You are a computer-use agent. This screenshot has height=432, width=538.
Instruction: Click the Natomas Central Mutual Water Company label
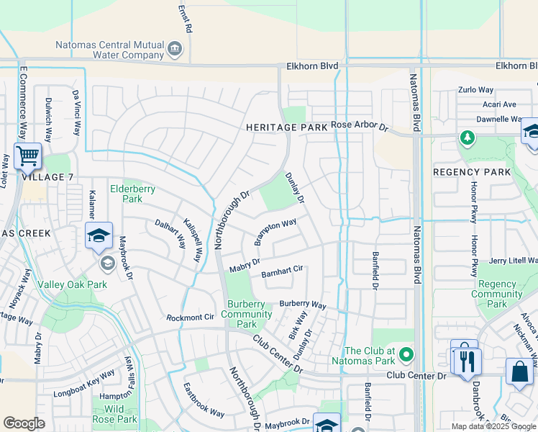[x=110, y=49]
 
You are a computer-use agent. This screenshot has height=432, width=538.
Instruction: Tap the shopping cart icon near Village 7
[x=27, y=155]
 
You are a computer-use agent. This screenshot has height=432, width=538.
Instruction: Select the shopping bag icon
[x=518, y=371]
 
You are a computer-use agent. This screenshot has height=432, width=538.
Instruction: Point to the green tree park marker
[x=468, y=137]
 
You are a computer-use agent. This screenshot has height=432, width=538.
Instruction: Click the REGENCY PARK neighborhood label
[x=472, y=172]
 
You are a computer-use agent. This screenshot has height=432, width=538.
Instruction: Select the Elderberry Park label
[x=132, y=194]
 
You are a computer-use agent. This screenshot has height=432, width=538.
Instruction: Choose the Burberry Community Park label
[x=247, y=314]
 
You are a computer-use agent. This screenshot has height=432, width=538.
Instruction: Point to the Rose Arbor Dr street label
[x=360, y=126]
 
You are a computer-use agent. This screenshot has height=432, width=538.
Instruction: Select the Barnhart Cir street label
[x=282, y=270]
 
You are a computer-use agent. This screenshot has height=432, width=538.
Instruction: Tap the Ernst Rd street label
[x=185, y=19]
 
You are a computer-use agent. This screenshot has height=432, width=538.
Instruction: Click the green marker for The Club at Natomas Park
[x=407, y=354]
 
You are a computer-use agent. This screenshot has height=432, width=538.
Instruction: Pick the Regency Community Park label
[x=497, y=294]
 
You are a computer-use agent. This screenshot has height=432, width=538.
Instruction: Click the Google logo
[x=24, y=423]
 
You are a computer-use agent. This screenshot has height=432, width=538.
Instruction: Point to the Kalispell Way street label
[x=191, y=240]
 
